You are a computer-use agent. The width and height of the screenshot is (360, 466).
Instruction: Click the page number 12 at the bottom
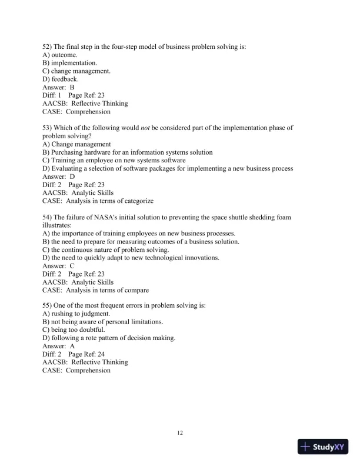click(180, 434)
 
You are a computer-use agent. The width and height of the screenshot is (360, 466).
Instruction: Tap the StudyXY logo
click(323, 447)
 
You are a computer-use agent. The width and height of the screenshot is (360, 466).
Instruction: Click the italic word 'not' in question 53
click(145, 128)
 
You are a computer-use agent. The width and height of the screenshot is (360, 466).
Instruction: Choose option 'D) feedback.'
click(61, 79)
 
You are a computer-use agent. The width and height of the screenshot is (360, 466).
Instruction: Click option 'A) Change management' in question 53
click(76, 144)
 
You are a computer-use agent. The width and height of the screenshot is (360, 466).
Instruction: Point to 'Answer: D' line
click(59, 177)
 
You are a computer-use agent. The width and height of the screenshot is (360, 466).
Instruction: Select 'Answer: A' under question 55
click(59, 347)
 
